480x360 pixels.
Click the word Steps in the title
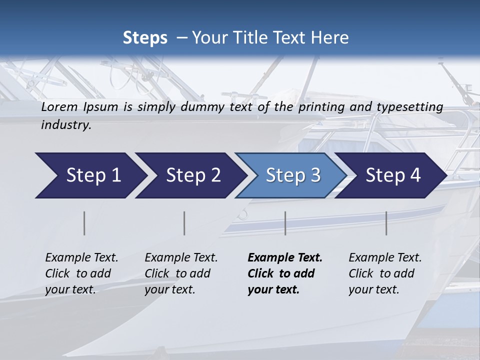(x=145, y=37)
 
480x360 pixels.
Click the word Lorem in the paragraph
(x=59, y=106)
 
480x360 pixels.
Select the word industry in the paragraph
(x=65, y=125)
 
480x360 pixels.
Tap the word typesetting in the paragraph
(x=412, y=107)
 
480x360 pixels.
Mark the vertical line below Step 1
(x=84, y=223)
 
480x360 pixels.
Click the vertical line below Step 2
(x=184, y=223)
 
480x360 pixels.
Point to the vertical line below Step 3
(x=285, y=223)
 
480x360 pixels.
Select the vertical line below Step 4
(x=386, y=223)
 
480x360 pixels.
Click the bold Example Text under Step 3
(x=285, y=258)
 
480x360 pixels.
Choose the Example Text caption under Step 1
(x=81, y=258)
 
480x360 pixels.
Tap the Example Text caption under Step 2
(x=181, y=258)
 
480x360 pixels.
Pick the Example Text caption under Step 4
(x=385, y=258)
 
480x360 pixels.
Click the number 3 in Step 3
(x=315, y=175)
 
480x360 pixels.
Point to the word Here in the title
(x=330, y=37)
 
